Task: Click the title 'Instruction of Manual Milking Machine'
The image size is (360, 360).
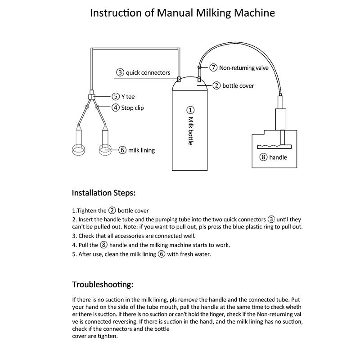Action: click(x=182, y=12)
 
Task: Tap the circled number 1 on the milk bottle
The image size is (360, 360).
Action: click(x=190, y=110)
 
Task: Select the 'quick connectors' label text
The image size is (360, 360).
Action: click(x=148, y=72)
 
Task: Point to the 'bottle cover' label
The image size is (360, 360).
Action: click(x=238, y=85)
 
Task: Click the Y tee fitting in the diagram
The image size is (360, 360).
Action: click(x=91, y=96)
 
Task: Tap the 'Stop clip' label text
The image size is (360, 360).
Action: click(x=133, y=108)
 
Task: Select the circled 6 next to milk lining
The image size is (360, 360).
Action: click(x=122, y=150)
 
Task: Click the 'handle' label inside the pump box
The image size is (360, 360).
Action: click(x=278, y=157)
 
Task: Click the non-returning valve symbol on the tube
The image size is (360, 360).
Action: click(x=199, y=67)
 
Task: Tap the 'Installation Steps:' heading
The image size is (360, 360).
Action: click(x=103, y=193)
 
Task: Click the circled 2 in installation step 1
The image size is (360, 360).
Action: click(x=112, y=211)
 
